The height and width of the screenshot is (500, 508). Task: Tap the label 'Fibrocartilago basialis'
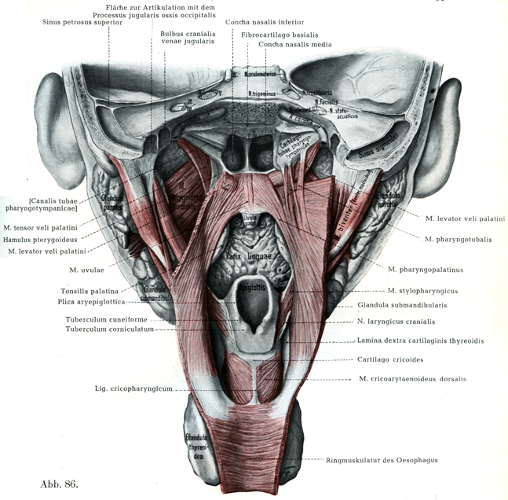[x=278, y=35]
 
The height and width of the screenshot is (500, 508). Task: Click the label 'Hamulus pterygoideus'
[x=46, y=239]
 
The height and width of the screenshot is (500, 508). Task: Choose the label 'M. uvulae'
[x=85, y=270]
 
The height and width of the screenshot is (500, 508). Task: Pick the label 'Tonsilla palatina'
[x=88, y=290]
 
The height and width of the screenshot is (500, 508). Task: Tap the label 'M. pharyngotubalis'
[x=459, y=239]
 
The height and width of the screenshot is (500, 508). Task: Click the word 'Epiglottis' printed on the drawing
[x=247, y=288]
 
